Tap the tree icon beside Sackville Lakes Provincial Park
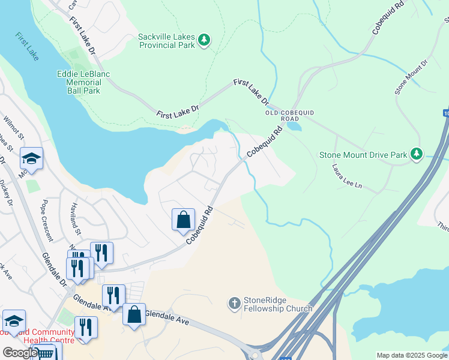pos(205,40)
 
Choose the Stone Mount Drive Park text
pos(363,154)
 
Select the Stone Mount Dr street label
pos(411,76)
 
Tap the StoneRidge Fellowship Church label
pos(278,305)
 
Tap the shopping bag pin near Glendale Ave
pos(134,314)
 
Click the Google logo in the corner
pos(20,353)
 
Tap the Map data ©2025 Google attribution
pos(411,355)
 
